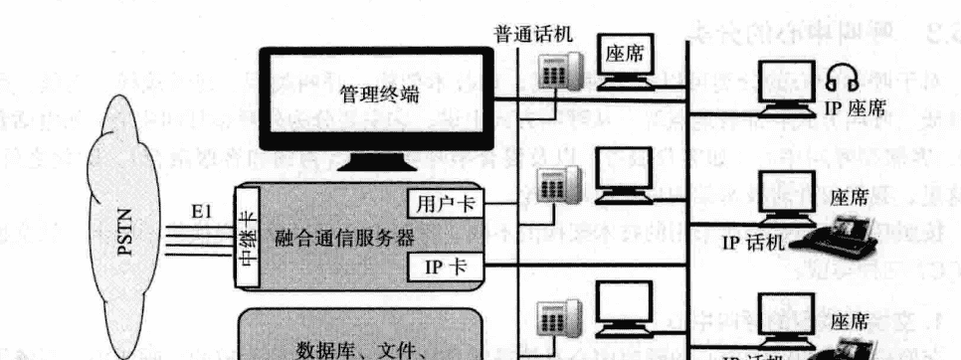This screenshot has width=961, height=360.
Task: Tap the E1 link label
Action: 202,211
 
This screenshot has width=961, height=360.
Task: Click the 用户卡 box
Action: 445,204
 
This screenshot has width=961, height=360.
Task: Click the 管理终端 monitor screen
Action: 378,93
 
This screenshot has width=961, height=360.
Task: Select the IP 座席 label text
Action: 855,106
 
